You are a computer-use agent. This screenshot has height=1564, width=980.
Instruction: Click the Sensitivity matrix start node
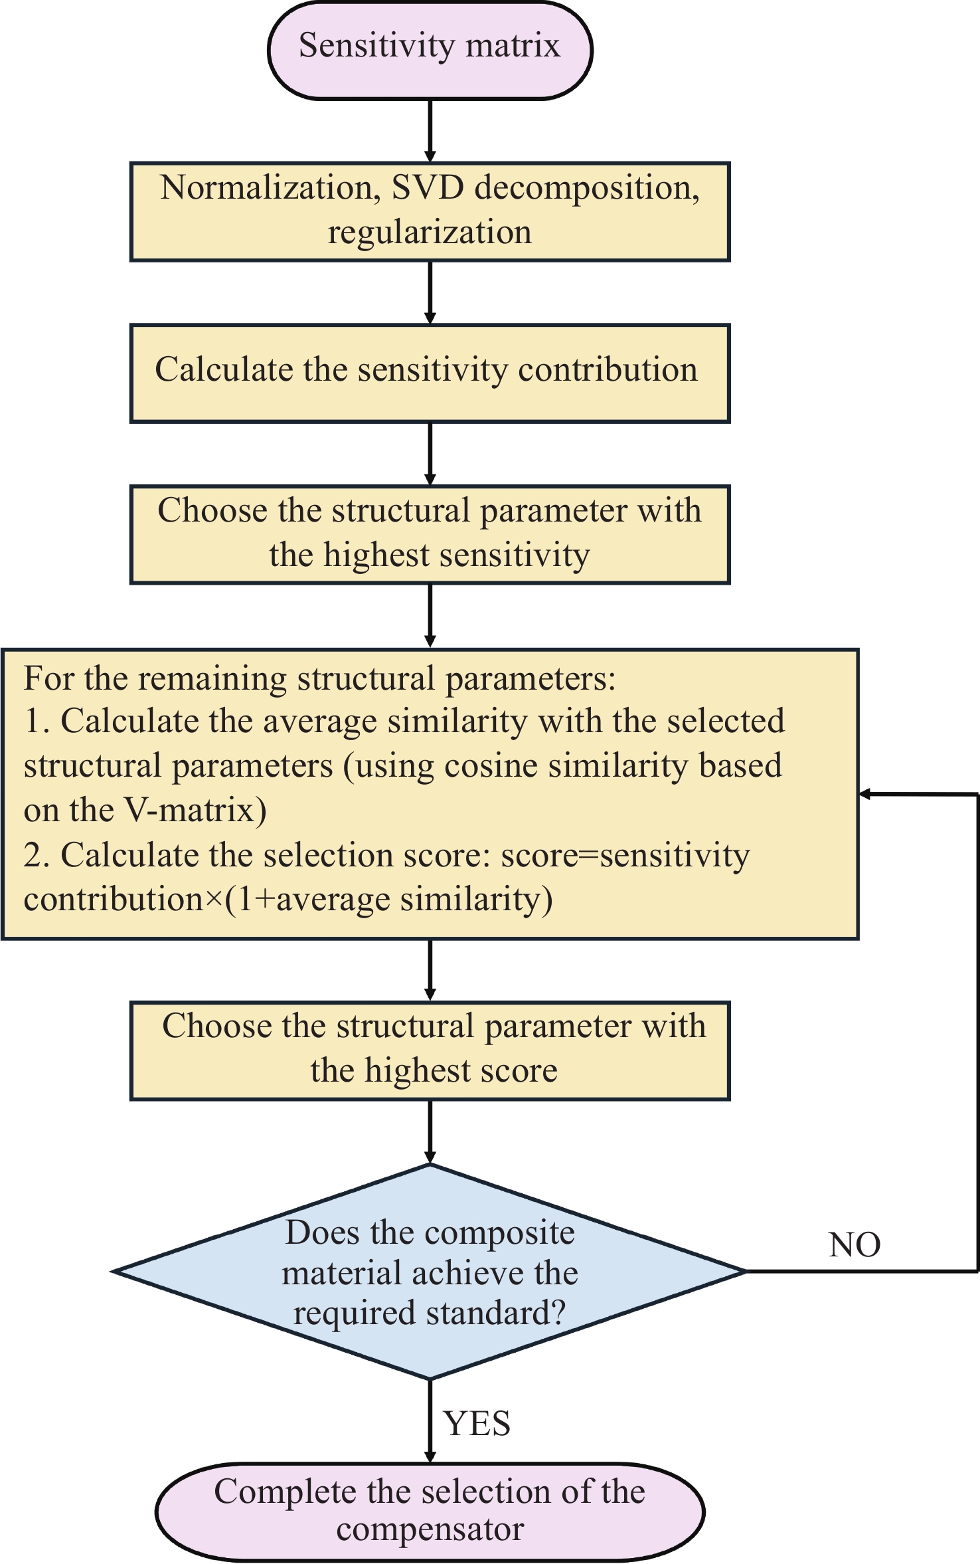pyautogui.click(x=430, y=50)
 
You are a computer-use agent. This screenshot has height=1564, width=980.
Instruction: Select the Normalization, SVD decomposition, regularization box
pyautogui.click(x=430, y=212)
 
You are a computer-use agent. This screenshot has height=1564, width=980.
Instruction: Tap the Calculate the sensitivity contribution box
pyautogui.click(x=430, y=373)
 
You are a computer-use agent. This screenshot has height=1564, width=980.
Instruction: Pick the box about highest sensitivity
pyautogui.click(x=430, y=535)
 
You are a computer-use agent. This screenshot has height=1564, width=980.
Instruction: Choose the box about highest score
pyautogui.click(x=430, y=1050)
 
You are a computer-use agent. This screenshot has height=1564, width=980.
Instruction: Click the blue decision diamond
pyautogui.click(x=430, y=1271)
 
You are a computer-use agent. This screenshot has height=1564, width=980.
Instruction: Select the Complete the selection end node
pyautogui.click(x=430, y=1512)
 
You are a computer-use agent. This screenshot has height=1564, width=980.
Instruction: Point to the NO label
pyautogui.click(x=855, y=1245)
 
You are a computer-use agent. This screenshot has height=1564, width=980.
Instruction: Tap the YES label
pyautogui.click(x=477, y=1423)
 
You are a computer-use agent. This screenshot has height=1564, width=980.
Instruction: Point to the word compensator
pyautogui.click(x=430, y=1529)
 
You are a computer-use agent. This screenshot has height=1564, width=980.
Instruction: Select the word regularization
pyautogui.click(x=430, y=233)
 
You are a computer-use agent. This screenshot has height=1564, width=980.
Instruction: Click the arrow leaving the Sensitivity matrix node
pyautogui.click(x=430, y=130)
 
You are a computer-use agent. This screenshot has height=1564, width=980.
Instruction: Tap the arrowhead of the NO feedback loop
pyautogui.click(x=864, y=794)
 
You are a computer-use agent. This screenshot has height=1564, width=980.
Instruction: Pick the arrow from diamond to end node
pyautogui.click(x=430, y=1420)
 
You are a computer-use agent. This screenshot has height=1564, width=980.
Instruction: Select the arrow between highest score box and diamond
pyautogui.click(x=430, y=1132)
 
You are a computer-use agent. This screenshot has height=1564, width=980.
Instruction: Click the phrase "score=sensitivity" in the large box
pyautogui.click(x=625, y=856)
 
